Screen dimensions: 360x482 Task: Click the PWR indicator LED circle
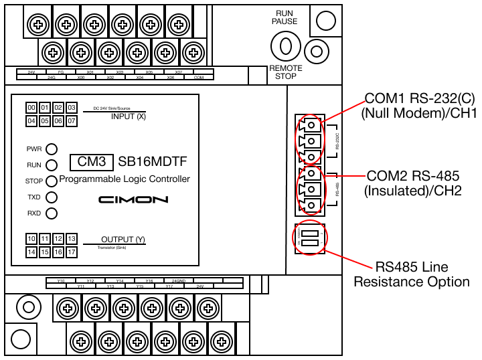click(x=51, y=149)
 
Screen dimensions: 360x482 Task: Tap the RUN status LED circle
click(x=51, y=165)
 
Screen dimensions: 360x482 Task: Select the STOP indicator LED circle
click(x=51, y=181)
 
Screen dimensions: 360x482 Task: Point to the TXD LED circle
click(x=51, y=197)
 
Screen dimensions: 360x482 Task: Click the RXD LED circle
click(x=51, y=213)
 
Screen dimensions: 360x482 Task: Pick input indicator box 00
click(x=31, y=108)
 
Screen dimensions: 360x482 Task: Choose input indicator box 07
click(x=72, y=121)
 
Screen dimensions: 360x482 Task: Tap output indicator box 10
click(x=31, y=239)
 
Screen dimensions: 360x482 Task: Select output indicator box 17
click(x=72, y=252)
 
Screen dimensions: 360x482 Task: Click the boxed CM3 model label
click(x=92, y=163)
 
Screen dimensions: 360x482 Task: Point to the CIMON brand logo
click(x=133, y=199)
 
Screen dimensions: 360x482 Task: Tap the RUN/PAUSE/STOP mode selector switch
click(x=286, y=46)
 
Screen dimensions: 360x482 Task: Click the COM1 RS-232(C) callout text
click(x=418, y=104)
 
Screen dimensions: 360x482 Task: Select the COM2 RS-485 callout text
click(x=413, y=183)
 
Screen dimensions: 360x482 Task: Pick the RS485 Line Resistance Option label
click(x=412, y=275)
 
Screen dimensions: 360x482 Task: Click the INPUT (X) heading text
click(x=128, y=117)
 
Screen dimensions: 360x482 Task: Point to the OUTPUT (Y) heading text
click(x=123, y=240)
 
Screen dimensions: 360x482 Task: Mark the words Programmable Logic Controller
click(x=125, y=179)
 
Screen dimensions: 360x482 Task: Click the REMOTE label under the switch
click(x=286, y=68)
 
